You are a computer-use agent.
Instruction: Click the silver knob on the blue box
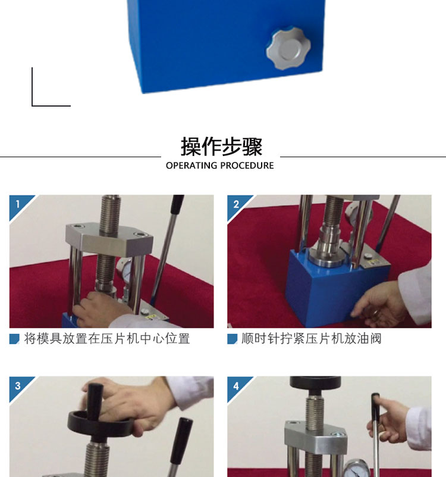click(288, 48)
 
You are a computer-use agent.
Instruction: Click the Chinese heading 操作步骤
click(221, 146)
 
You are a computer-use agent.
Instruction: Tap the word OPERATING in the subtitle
click(191, 166)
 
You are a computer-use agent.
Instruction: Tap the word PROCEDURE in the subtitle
click(247, 166)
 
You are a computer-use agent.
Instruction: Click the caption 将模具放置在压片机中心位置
click(107, 339)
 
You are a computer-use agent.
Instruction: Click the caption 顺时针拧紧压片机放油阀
click(312, 339)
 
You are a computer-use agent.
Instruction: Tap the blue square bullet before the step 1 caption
click(14, 339)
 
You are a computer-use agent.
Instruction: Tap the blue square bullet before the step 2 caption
click(232, 339)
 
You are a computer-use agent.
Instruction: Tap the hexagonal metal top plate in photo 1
click(109, 238)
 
